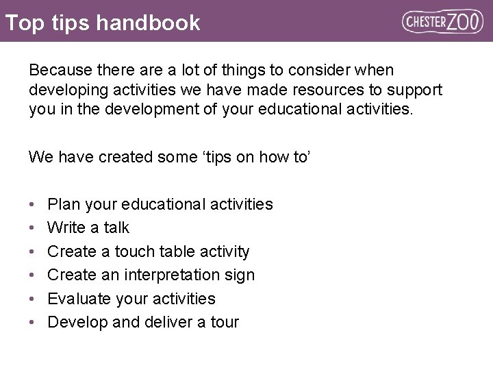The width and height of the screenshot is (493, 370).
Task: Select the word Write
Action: [x=67, y=227]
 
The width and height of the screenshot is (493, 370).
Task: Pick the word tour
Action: [x=223, y=322]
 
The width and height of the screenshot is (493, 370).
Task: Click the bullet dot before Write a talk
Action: [x=33, y=228]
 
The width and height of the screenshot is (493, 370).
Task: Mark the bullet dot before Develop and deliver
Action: [x=33, y=323]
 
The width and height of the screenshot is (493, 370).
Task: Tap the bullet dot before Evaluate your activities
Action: [x=33, y=299]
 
